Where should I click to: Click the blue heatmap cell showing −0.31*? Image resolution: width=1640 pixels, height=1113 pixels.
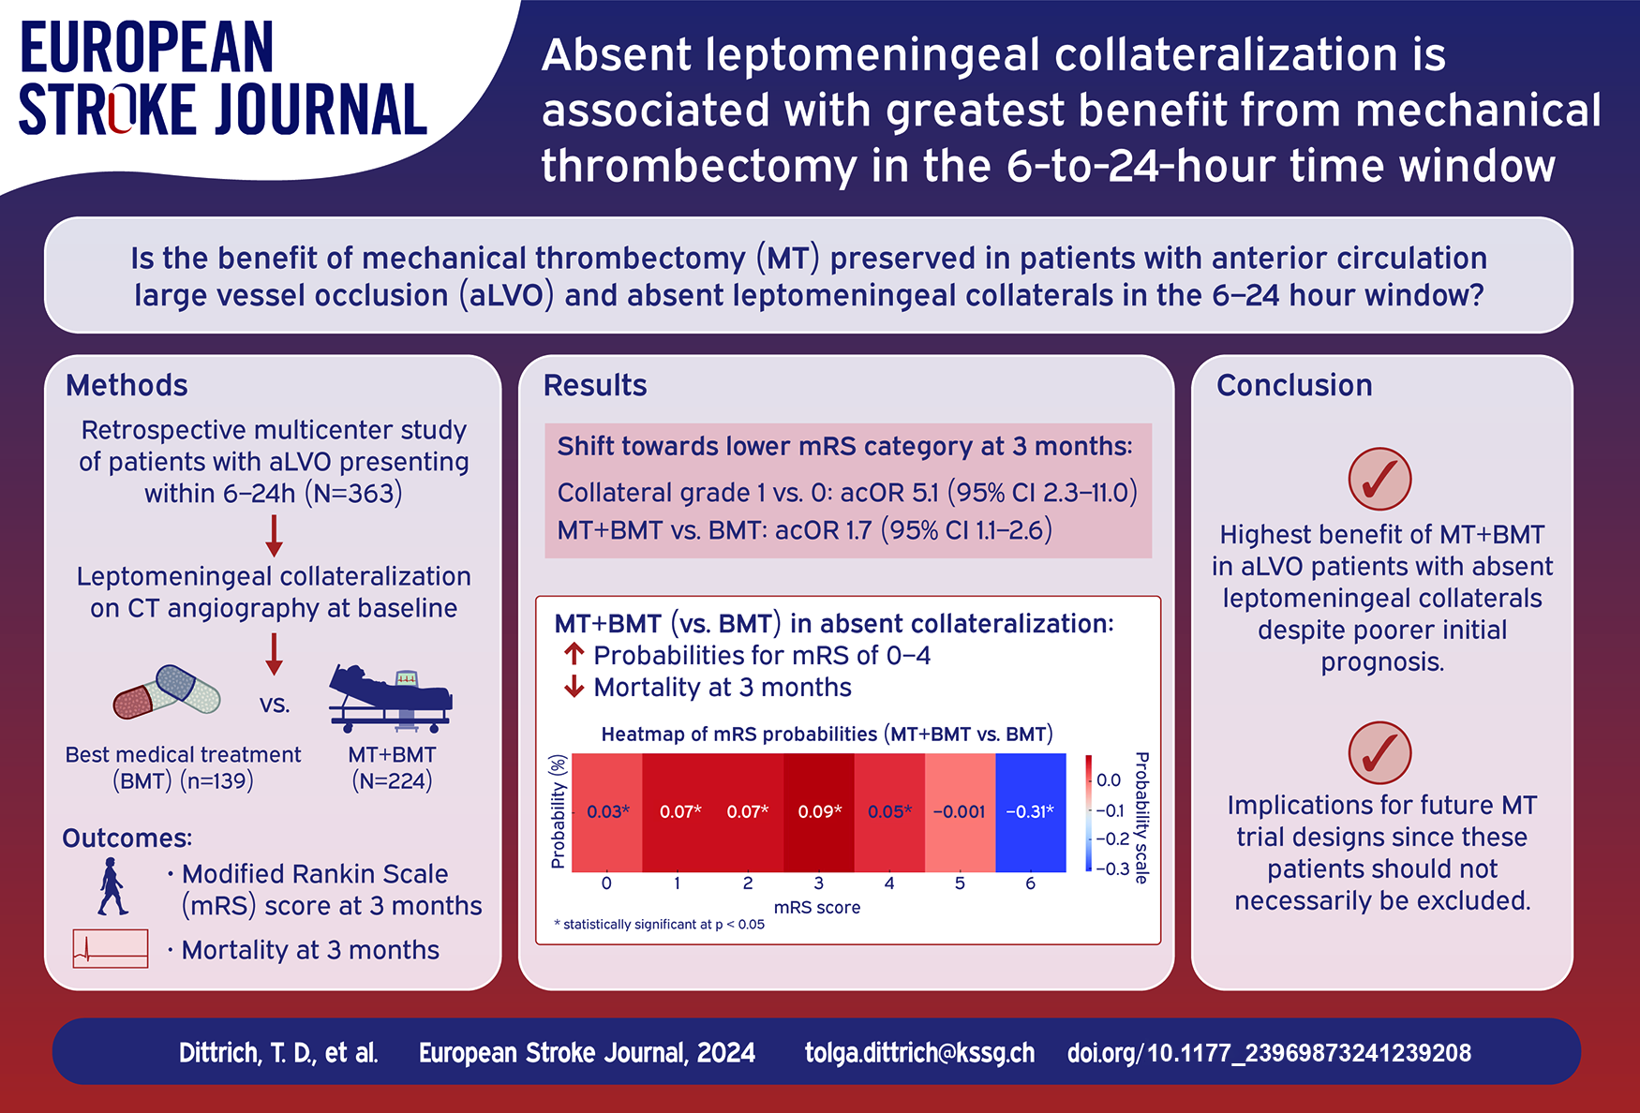click(x=1030, y=812)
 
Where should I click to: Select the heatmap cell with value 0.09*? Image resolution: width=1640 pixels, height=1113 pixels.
click(x=819, y=812)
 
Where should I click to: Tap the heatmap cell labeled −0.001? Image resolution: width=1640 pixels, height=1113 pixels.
click(x=960, y=812)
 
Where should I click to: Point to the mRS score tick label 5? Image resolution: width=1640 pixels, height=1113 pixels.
click(x=960, y=883)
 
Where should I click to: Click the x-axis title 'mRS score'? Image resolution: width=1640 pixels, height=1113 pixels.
click(x=816, y=907)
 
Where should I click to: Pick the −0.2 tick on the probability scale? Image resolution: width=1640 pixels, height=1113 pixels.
click(x=1112, y=839)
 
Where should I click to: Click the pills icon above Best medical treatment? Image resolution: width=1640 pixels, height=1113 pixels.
click(x=167, y=692)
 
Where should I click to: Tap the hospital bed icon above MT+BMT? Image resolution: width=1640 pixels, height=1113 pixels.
click(x=391, y=699)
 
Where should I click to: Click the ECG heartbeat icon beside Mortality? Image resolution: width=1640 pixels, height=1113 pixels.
click(x=111, y=948)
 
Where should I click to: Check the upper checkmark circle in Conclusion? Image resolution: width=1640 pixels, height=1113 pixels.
click(x=1379, y=479)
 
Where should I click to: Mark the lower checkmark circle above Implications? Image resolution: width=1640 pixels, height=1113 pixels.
click(x=1379, y=752)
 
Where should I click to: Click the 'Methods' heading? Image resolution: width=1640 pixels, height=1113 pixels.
click(x=127, y=385)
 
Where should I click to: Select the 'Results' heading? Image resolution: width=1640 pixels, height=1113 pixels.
click(x=595, y=385)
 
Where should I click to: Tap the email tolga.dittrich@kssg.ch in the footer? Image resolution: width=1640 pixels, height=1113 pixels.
click(x=919, y=1053)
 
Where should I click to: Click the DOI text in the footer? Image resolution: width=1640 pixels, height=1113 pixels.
click(x=1269, y=1053)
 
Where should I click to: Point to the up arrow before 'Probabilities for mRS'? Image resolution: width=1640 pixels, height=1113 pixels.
click(x=574, y=654)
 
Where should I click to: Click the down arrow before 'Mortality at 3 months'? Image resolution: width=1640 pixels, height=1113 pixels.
click(x=574, y=688)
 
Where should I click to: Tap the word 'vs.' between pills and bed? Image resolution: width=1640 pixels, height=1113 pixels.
click(x=275, y=705)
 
